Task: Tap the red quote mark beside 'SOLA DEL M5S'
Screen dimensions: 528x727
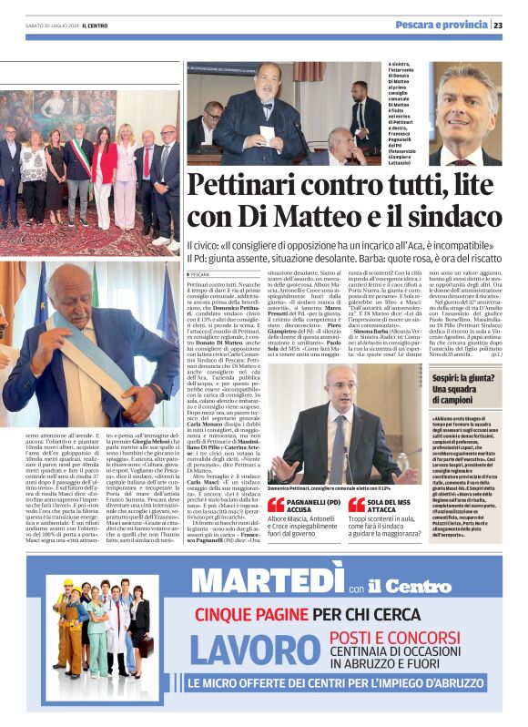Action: [x=356, y=504]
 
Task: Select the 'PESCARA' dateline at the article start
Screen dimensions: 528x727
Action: [x=201, y=273]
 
